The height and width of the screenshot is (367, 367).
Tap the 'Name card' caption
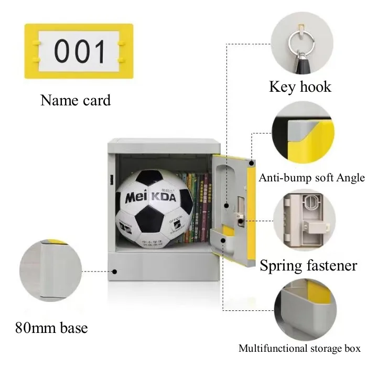pyautogui.click(x=75, y=100)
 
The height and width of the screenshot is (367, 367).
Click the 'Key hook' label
pyautogui.click(x=300, y=86)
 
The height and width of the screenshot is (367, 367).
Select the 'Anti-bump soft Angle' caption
pyautogui.click(x=311, y=178)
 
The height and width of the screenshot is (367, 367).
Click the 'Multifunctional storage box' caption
pyautogui.click(x=299, y=348)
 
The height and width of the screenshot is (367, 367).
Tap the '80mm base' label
pyautogui.click(x=51, y=329)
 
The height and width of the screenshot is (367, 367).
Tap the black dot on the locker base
pyautogui.click(x=115, y=272)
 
